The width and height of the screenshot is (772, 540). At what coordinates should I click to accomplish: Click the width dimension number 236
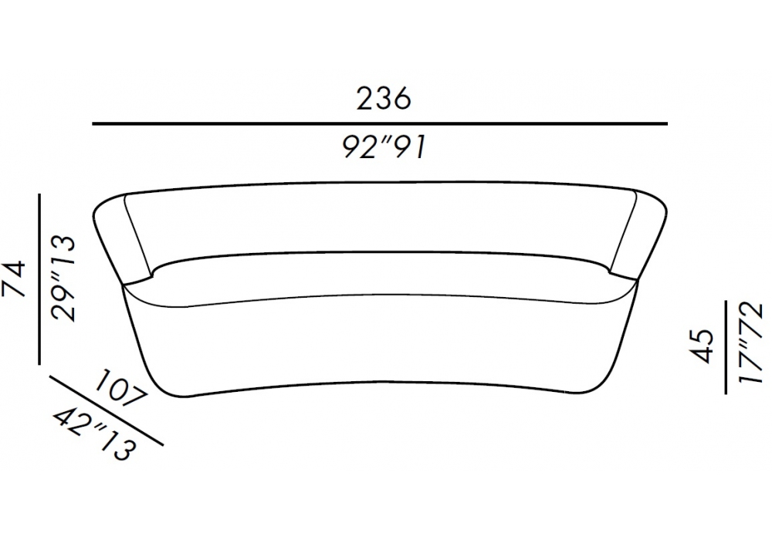(x=383, y=99)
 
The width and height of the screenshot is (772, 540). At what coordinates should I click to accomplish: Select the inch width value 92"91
(x=383, y=147)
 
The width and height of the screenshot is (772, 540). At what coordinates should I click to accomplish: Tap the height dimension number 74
(x=14, y=279)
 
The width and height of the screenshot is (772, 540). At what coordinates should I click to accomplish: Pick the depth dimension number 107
(x=120, y=389)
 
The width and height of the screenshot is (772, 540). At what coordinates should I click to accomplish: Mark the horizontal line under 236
(x=380, y=124)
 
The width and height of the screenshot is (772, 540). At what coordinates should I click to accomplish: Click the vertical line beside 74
(x=39, y=279)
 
